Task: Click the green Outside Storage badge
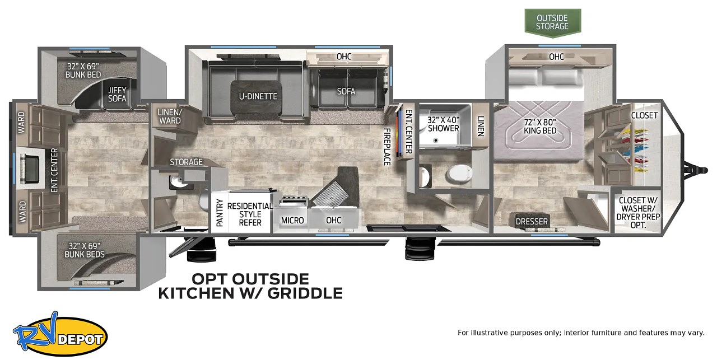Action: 552,23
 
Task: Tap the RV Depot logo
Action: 60,334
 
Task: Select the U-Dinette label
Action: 258,96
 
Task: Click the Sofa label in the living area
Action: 346,91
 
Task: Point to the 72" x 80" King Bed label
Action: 540,127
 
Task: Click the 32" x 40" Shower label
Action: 443,124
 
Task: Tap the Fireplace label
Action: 387,147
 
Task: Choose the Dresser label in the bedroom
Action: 532,222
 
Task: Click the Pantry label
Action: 220,213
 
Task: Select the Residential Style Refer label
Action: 250,214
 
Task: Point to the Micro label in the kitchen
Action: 292,221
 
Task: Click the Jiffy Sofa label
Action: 117,95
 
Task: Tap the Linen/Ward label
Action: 170,116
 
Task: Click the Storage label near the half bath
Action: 186,162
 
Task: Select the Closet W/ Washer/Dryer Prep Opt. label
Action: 638,213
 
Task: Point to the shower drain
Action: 435,140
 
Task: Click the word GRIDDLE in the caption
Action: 305,293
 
